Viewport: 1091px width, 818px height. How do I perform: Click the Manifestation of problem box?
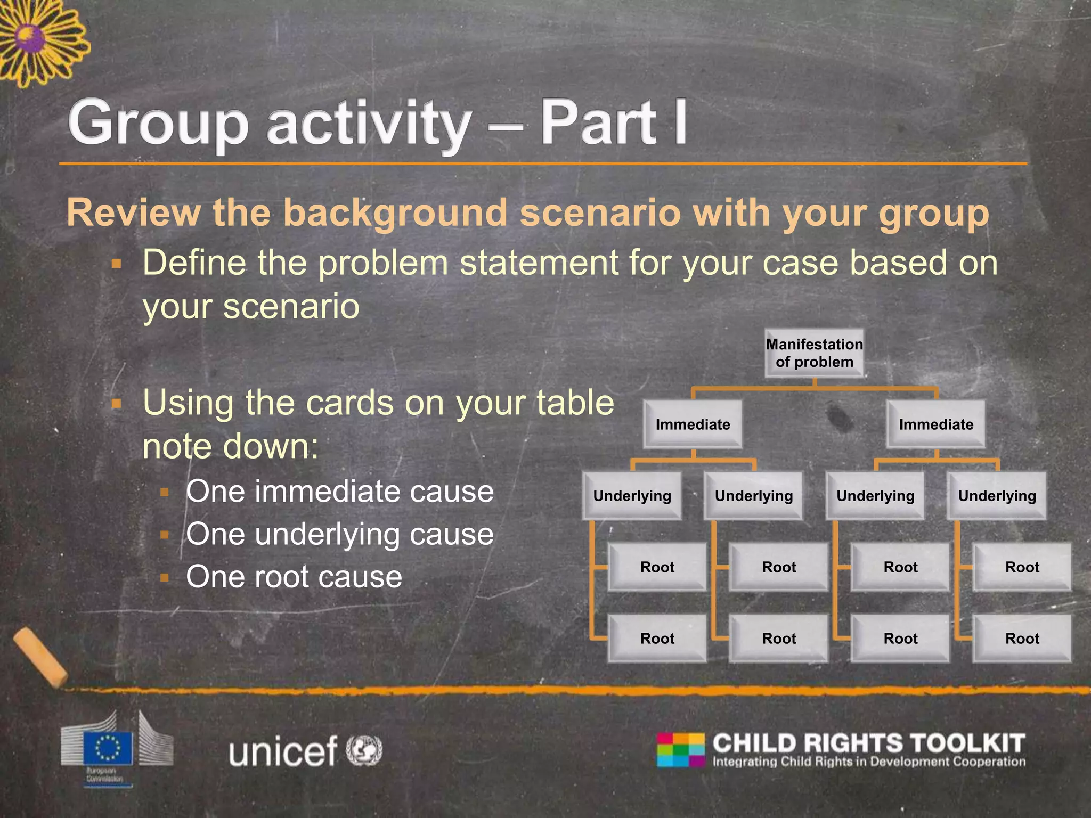click(814, 353)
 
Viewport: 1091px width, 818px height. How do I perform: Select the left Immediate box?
click(693, 424)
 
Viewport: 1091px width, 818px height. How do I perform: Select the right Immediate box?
click(936, 424)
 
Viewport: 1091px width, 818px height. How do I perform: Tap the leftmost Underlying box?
click(632, 496)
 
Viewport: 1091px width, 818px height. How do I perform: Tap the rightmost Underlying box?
click(997, 496)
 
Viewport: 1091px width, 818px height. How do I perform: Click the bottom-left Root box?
click(657, 638)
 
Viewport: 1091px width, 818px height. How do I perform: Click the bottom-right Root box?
click(1022, 638)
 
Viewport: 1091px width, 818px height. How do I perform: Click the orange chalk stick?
click(40, 657)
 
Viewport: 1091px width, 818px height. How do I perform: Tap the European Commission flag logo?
click(108, 748)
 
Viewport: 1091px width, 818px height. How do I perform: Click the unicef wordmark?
click(283, 751)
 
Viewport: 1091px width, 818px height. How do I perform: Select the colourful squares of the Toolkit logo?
click(680, 750)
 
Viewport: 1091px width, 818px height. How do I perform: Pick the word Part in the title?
click(599, 124)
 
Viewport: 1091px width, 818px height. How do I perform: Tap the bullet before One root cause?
click(165, 577)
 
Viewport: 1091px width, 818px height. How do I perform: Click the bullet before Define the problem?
click(117, 264)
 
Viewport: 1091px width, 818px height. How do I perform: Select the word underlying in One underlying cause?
click(327, 534)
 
